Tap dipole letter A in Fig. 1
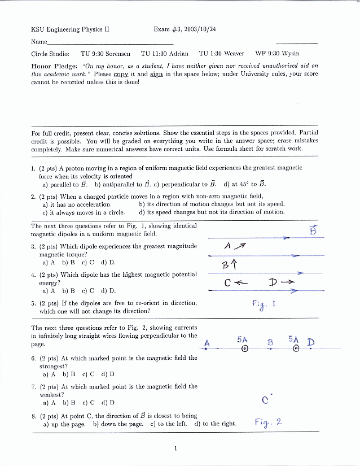(227, 246)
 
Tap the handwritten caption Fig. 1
(264, 304)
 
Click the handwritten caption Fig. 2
(268, 421)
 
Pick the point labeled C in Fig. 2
(265, 400)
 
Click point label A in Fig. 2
(207, 343)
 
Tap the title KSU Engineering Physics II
(70, 29)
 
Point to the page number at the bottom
(175, 448)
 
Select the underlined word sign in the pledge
(156, 74)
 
